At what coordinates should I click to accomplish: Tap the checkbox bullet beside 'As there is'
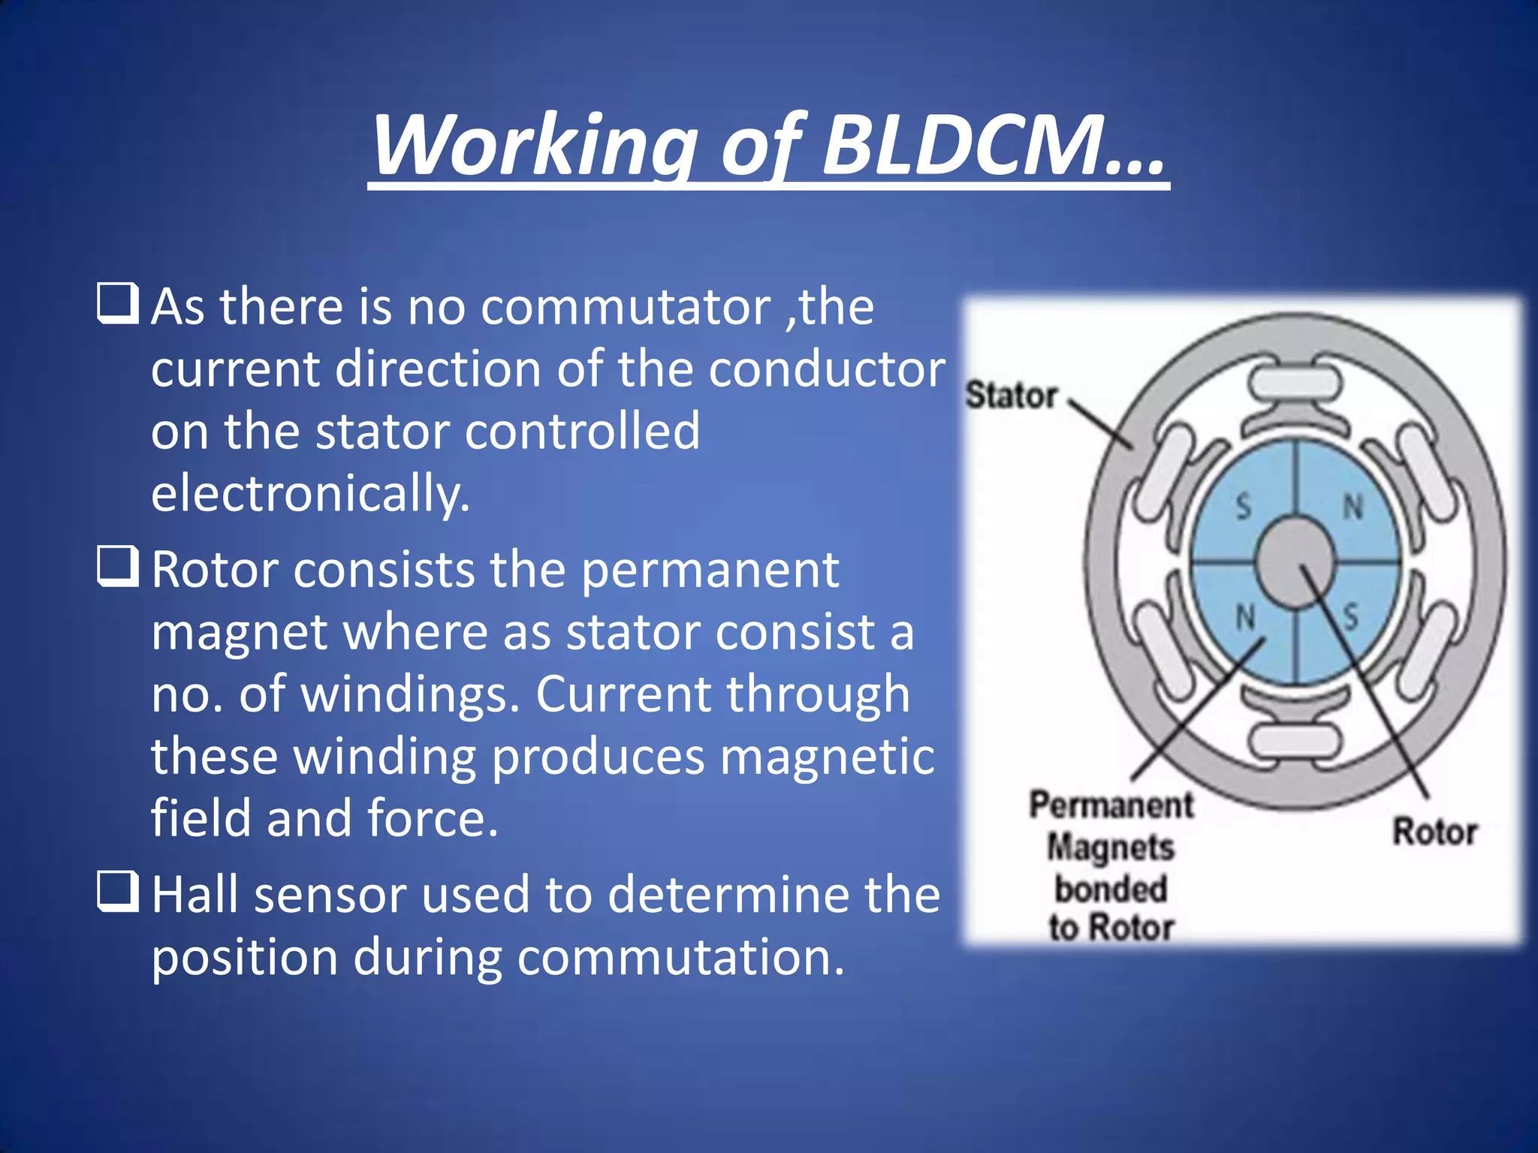click(x=118, y=303)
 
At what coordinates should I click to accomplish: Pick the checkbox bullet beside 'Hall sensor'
click(x=118, y=891)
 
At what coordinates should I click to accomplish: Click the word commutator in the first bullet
click(x=626, y=307)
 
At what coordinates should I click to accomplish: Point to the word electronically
click(x=310, y=494)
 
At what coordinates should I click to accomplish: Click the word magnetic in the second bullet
click(x=827, y=756)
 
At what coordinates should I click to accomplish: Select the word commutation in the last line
click(x=680, y=958)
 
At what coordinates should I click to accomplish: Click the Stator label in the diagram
click(x=1012, y=396)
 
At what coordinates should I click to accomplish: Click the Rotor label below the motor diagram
click(x=1434, y=832)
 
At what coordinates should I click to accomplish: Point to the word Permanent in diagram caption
click(x=1111, y=805)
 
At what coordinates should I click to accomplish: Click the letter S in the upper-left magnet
click(x=1244, y=507)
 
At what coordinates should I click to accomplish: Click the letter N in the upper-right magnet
click(x=1353, y=507)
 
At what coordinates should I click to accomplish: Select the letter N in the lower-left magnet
click(x=1245, y=617)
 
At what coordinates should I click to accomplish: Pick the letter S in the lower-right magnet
click(x=1351, y=617)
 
